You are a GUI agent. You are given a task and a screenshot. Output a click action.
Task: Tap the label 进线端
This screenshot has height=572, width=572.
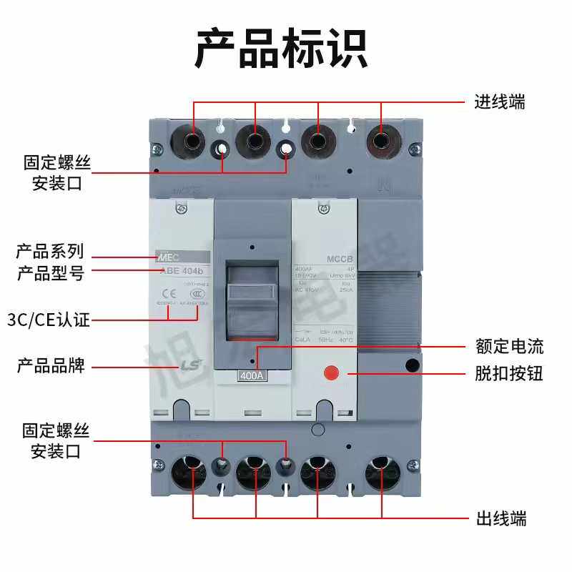pyautogui.click(x=500, y=102)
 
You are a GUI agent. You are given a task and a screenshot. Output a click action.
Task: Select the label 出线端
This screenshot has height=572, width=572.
pyautogui.click(x=501, y=518)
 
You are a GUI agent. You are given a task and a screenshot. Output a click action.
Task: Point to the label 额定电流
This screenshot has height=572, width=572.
pyautogui.click(x=509, y=347)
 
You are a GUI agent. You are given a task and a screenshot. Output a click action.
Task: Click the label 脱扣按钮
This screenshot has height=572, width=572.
pyautogui.click(x=509, y=373)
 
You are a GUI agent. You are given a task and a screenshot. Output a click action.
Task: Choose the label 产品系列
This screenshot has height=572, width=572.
pyautogui.click(x=50, y=252)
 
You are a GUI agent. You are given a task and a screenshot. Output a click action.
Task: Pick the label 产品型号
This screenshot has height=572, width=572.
pyautogui.click(x=50, y=273)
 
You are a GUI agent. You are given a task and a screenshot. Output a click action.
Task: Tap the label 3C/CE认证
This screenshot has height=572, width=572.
pyautogui.click(x=48, y=320)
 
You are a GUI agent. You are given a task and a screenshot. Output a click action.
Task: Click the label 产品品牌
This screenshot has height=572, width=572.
pyautogui.click(x=51, y=366)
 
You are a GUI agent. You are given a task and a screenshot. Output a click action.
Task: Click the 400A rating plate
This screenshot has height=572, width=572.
pyautogui.click(x=252, y=376)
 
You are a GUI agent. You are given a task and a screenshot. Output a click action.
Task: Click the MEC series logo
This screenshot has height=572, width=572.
pyautogui.click(x=165, y=255)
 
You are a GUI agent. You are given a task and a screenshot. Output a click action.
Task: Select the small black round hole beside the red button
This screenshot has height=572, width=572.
pyautogui.click(x=412, y=366)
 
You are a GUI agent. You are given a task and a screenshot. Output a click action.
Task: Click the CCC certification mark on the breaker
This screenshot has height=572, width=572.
pyautogui.click(x=197, y=291)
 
